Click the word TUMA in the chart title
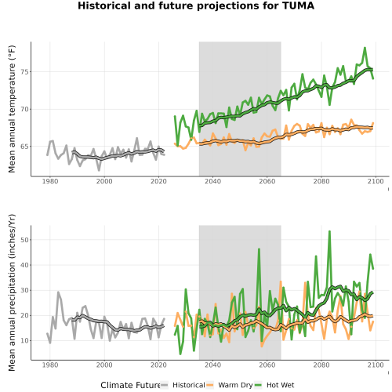coord(299,5)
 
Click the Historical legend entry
coord(183,385)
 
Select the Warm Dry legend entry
coord(230,385)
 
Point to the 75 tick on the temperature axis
coord(24,72)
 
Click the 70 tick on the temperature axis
coord(24,109)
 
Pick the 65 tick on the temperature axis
coord(24,147)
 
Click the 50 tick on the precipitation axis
coord(24,240)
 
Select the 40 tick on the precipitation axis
coord(24,265)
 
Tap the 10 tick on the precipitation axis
coord(24,341)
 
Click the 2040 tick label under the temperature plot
coord(212,181)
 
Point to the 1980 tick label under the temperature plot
coord(50,181)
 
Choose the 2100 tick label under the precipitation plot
coord(376,365)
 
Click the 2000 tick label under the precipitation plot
coord(104,365)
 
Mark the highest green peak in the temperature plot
coord(365,48)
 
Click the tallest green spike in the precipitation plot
coord(329,231)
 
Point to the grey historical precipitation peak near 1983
coord(58,292)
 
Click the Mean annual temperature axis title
coord(12,109)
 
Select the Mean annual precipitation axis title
coord(12,292)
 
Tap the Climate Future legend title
coord(130,385)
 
